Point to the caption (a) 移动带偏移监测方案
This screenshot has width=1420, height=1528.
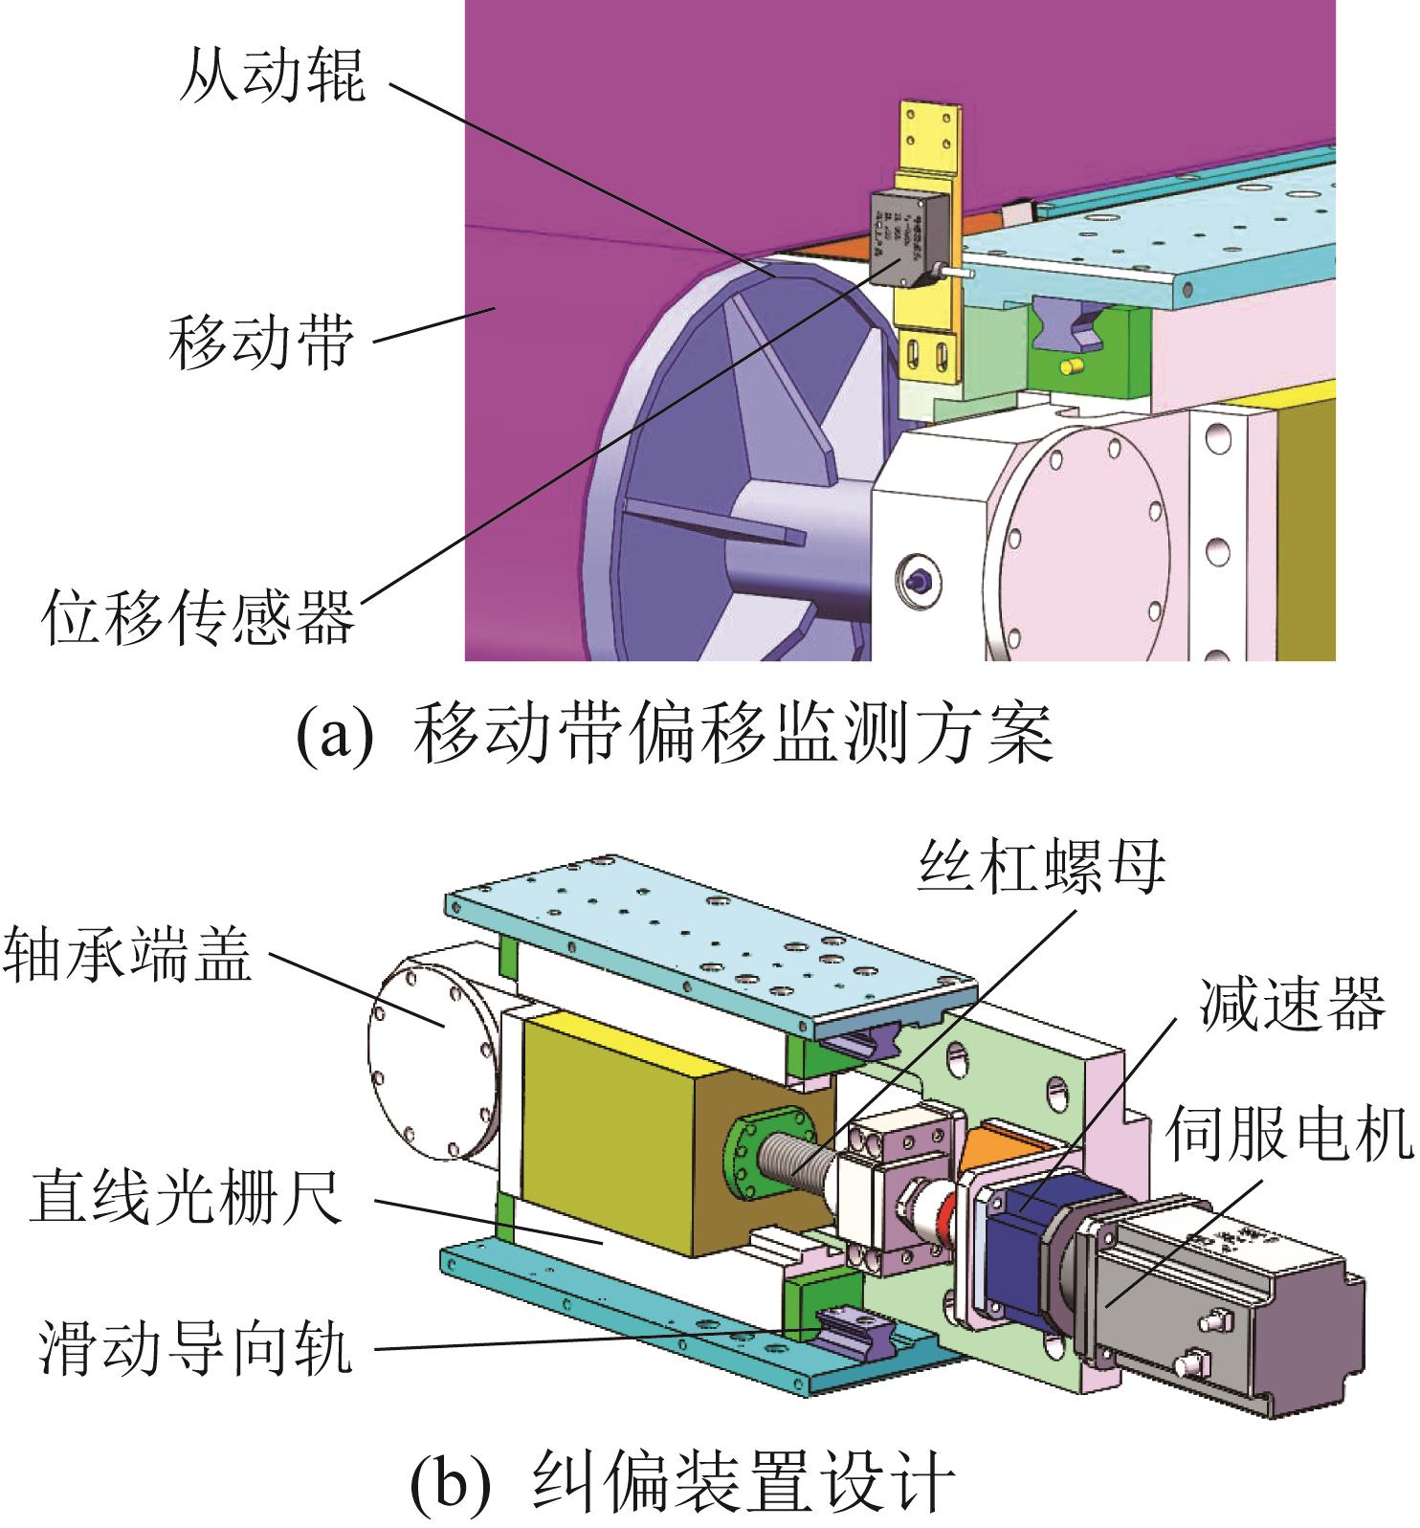tap(675, 735)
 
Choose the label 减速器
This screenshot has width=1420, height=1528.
tap(1290, 1003)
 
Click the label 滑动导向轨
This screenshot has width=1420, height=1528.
tap(196, 1347)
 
